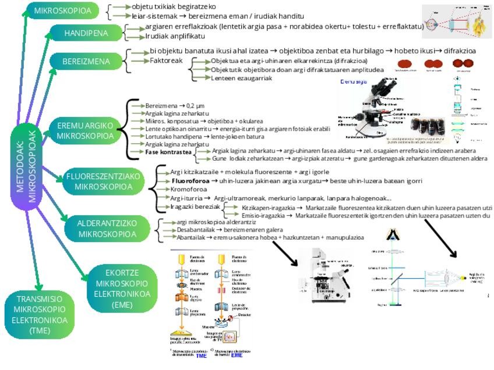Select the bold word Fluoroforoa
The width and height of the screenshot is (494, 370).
(192, 181)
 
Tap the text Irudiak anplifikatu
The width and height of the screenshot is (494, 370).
(174, 36)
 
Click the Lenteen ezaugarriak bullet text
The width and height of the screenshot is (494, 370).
(241, 78)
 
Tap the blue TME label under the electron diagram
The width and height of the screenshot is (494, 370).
(202, 355)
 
